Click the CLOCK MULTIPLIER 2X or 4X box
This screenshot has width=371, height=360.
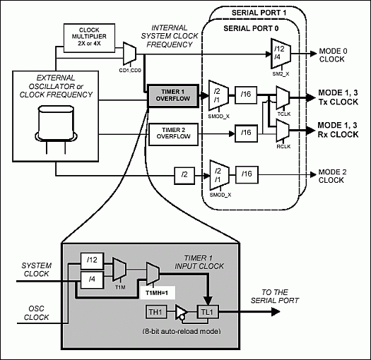pos(86,37)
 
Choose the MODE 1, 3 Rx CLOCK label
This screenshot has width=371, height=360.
pos(338,129)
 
